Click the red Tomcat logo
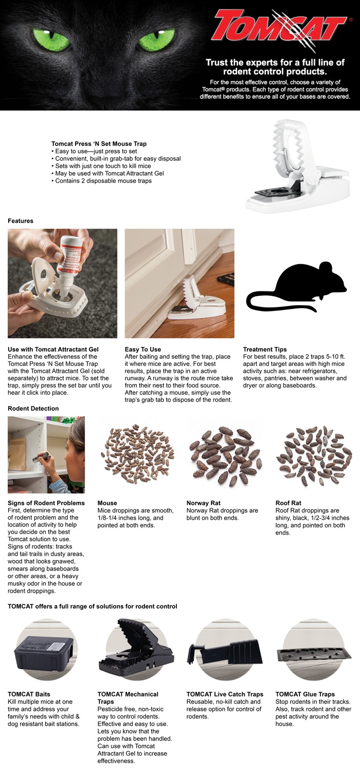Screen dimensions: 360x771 click(281, 29)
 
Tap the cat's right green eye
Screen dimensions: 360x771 click(157, 40)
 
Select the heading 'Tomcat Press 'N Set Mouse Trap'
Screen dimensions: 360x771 click(99, 143)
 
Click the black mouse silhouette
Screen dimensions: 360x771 click(296, 287)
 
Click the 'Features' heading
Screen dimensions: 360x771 click(21, 221)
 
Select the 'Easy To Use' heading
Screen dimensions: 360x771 click(142, 349)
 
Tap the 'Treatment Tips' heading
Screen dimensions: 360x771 click(264, 349)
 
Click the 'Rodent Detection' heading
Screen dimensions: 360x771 click(33, 408)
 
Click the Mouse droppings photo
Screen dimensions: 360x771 click(137, 454)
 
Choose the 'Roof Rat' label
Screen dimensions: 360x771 click(289, 503)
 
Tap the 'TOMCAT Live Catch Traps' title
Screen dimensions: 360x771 click(225, 694)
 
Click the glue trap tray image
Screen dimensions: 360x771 click(314, 654)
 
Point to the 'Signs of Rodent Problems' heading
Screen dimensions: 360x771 click(46, 503)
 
